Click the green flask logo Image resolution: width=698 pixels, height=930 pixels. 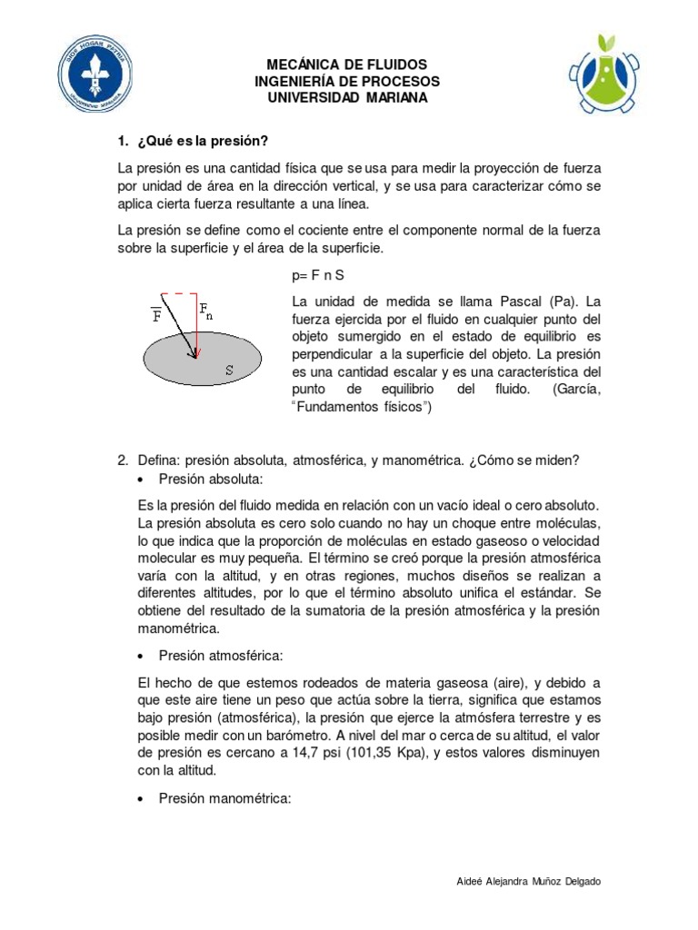click(x=610, y=75)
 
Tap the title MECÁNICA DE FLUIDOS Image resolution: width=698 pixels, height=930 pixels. click(x=345, y=65)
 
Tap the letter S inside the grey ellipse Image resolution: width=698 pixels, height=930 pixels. click(x=229, y=370)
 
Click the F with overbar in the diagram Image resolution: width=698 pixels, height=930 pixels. click(x=156, y=314)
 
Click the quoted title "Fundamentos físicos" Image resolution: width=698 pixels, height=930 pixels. click(x=361, y=408)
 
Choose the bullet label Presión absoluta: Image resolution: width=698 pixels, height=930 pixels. click(x=210, y=479)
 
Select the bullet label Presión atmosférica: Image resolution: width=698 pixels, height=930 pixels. click(x=218, y=654)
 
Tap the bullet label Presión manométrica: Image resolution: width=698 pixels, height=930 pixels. click(x=224, y=798)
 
